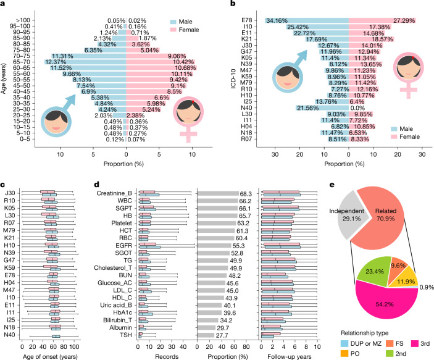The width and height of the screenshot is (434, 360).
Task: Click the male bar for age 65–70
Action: (x=86, y=62)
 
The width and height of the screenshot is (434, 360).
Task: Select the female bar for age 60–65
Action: (x=161, y=68)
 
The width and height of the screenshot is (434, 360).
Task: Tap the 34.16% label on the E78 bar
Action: (x=277, y=20)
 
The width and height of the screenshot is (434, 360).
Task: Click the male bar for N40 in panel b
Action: (x=322, y=107)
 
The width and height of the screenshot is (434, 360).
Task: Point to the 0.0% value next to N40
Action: (x=357, y=108)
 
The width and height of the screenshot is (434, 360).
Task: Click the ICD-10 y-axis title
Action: (x=233, y=78)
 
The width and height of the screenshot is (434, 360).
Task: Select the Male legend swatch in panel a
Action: (x=173, y=22)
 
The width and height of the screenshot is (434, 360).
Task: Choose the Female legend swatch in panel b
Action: (x=394, y=137)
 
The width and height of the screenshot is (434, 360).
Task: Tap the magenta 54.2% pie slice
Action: (x=385, y=304)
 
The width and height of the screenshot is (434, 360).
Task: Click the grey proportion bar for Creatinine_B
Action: (x=218, y=193)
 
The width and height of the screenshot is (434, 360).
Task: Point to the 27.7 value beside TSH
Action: (x=222, y=335)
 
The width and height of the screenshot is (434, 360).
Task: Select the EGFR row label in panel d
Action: (x=123, y=246)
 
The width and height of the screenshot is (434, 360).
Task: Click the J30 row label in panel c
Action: (x=10, y=193)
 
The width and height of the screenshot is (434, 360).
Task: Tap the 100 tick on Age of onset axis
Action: (x=74, y=346)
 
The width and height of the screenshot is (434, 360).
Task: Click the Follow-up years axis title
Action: (x=290, y=357)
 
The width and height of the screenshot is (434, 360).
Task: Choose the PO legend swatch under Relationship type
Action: (x=344, y=354)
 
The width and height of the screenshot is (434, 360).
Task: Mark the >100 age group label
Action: (x=23, y=20)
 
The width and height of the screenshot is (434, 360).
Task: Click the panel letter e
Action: (x=332, y=185)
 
